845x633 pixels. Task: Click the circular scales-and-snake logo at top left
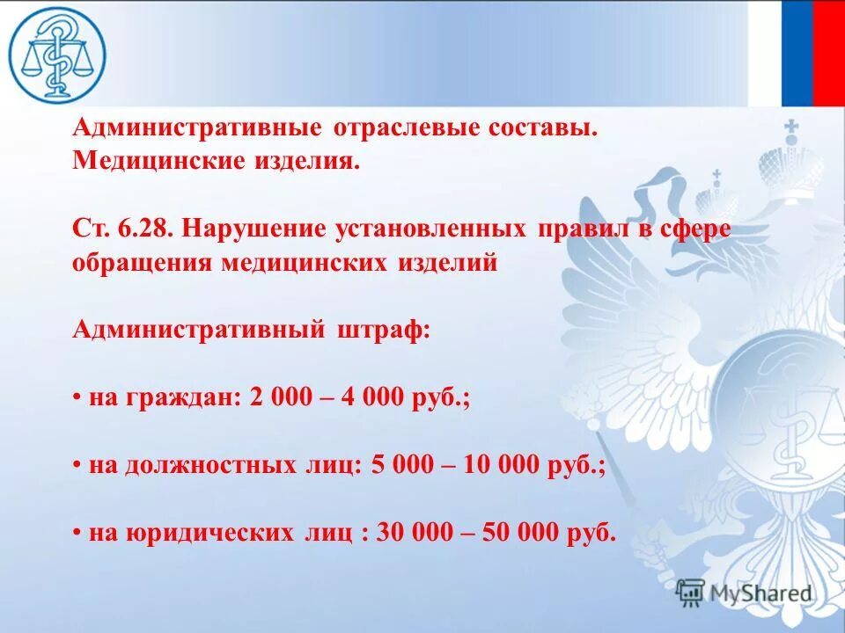pos(57,53)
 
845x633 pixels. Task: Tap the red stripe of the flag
pos(828,53)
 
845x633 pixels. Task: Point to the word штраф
pos(383,330)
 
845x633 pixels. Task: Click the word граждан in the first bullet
pos(180,397)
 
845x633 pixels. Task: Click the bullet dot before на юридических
pos(77,534)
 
